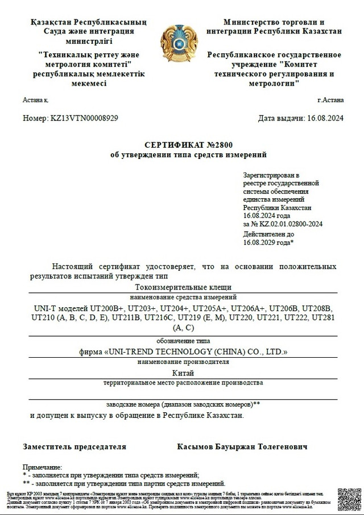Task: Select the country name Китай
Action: click(x=183, y=373)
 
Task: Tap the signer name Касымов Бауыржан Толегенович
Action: click(x=242, y=447)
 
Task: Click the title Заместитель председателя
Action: click(x=74, y=447)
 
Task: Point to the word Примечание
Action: click(x=42, y=467)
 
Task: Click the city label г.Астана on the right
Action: click(x=330, y=100)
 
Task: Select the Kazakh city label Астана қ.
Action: click(x=36, y=100)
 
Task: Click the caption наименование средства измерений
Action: click(x=183, y=298)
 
